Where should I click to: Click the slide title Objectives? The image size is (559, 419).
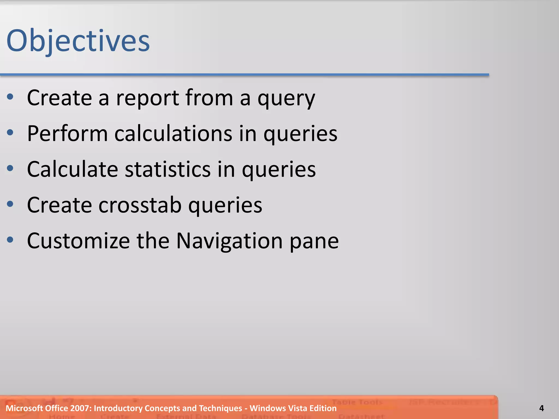tap(78, 41)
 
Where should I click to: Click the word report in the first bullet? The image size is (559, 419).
tap(148, 98)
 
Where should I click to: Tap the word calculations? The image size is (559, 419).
tap(173, 134)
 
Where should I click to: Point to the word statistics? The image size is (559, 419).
tap(168, 169)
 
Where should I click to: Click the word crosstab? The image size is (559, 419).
tap(140, 205)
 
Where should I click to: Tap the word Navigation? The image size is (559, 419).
tap(229, 241)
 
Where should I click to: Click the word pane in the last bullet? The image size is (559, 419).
tap(314, 241)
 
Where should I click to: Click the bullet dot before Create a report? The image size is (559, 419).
tap(10, 97)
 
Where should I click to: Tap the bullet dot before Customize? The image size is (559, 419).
tap(10, 240)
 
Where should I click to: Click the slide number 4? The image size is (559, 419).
tap(542, 408)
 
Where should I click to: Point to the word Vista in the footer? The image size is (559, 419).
tap(298, 408)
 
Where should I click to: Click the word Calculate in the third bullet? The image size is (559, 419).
tap(73, 169)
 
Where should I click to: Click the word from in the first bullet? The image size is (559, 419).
tap(209, 98)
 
